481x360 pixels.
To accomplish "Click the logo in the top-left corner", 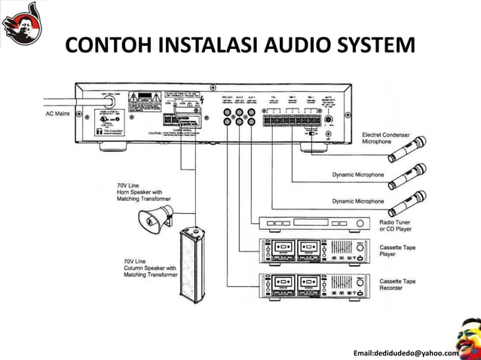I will (22, 23).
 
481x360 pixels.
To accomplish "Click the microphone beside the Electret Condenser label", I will (407, 150).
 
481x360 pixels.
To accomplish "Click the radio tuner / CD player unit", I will (315, 224).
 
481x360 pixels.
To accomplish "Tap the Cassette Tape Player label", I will (397, 251).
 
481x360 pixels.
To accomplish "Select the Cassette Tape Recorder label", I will (397, 285).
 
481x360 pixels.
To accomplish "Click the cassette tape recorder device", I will (315, 288).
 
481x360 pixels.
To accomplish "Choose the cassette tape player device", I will (315, 251).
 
